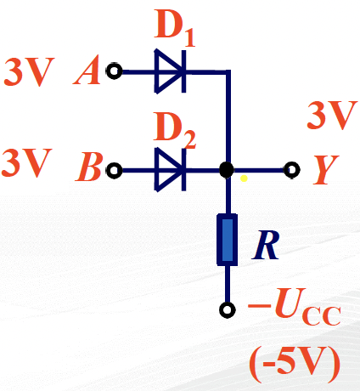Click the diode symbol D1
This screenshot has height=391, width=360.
tap(171, 71)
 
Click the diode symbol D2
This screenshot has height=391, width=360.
tap(171, 170)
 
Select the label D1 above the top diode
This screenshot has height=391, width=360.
tap(175, 28)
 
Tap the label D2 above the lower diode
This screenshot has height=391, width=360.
tap(175, 130)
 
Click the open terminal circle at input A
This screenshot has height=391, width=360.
tap(114, 71)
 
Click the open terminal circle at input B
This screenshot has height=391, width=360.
tap(114, 170)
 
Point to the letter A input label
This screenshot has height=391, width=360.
tap(87, 71)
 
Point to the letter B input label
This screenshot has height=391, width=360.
tap(89, 167)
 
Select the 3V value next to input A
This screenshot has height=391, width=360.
tap(29, 72)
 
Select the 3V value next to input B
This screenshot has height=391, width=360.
tap(26, 163)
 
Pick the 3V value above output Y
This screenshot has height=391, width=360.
tap(332, 116)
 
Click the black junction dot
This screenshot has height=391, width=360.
tap(227, 170)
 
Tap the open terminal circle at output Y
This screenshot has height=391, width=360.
tap(292, 170)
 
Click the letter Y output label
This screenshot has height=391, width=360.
tap(325, 170)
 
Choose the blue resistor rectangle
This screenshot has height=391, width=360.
tap(227, 240)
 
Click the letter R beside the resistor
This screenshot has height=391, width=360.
tap(266, 245)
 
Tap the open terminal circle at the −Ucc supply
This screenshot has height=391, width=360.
tap(228, 309)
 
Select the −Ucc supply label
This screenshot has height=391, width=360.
tap(295, 307)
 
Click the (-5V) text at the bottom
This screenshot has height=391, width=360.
tap(295, 365)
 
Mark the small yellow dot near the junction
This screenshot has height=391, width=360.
tap(244, 178)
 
